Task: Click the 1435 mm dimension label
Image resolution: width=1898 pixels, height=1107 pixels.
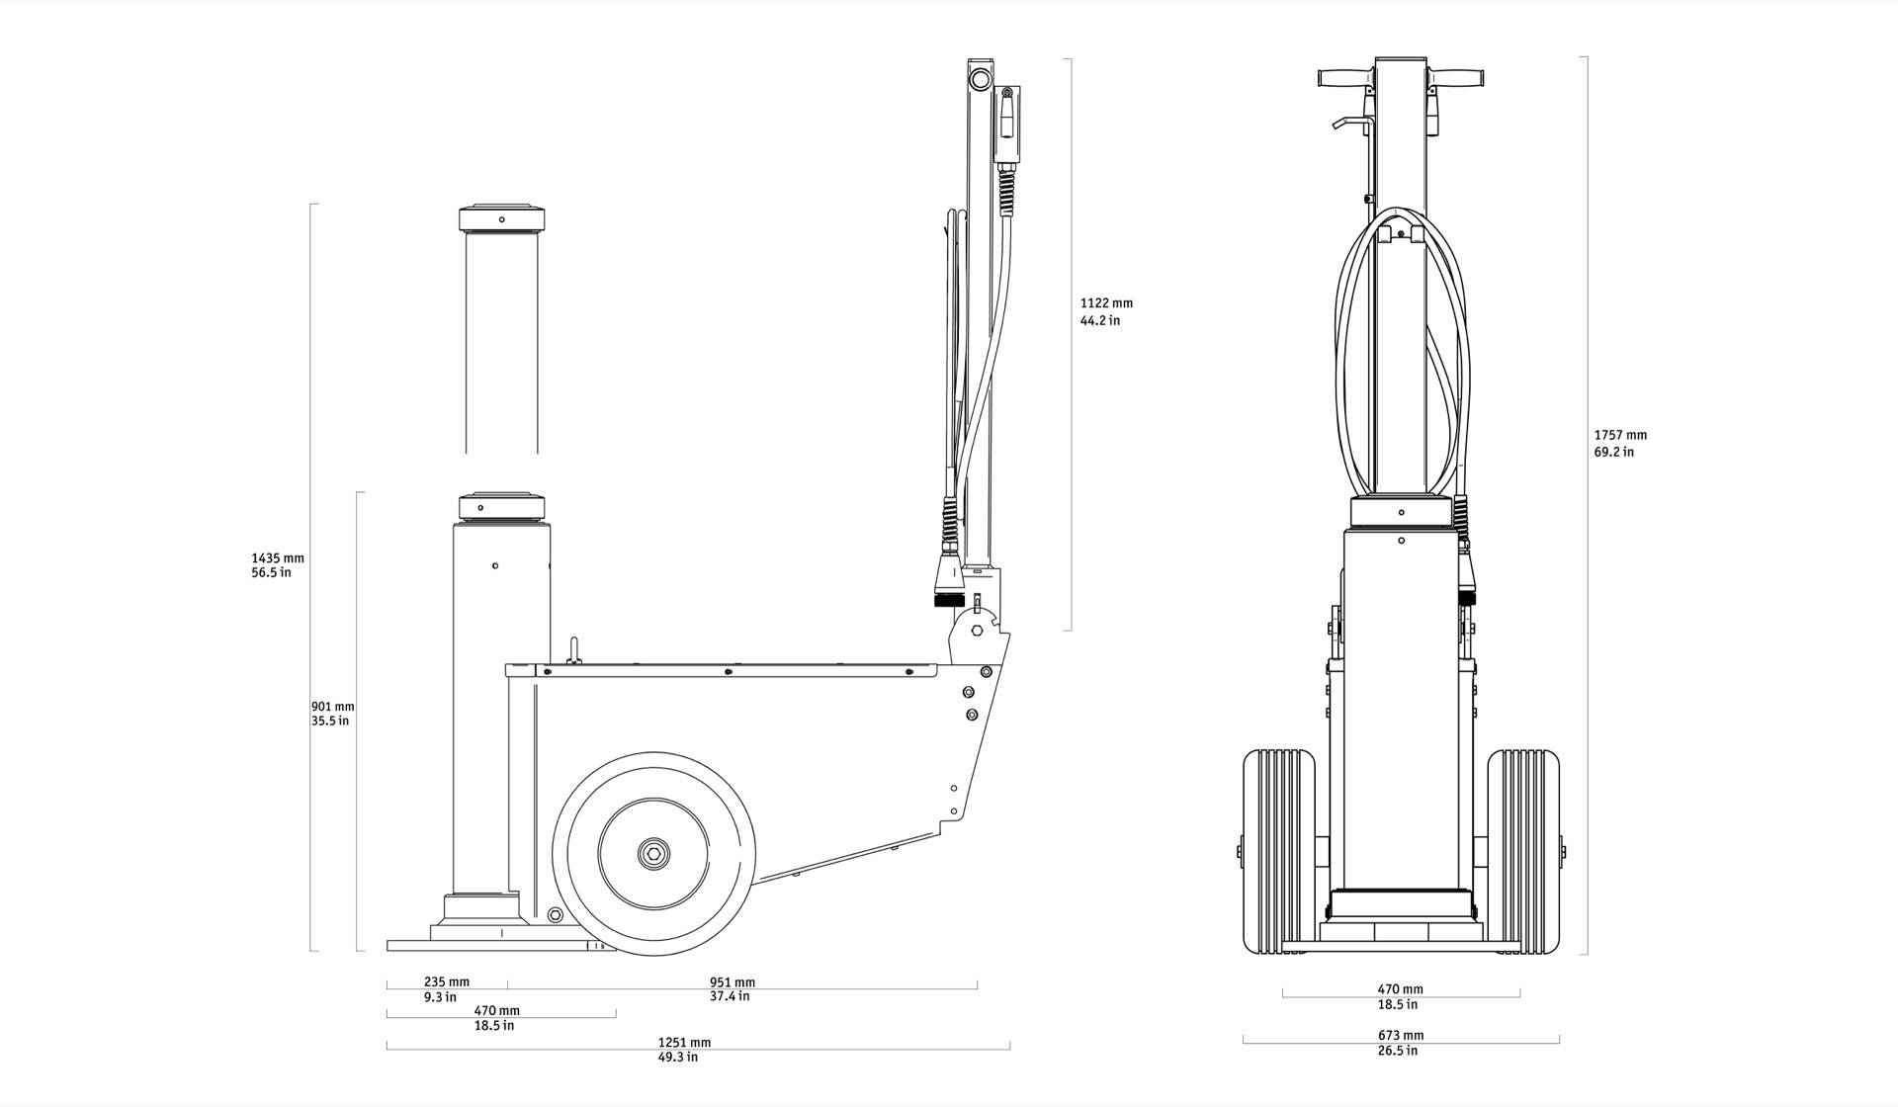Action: point(278,558)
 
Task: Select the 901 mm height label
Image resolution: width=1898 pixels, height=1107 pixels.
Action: point(332,707)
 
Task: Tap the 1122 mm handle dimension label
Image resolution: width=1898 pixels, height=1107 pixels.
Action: point(1106,303)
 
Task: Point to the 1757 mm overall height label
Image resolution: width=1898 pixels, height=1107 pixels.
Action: point(1620,435)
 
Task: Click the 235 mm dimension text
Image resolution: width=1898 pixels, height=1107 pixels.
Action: point(447,981)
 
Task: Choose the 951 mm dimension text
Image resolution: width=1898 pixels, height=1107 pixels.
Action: point(733,981)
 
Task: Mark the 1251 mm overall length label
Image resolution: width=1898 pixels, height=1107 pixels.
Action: point(684,1042)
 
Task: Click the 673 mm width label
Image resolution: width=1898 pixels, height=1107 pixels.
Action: point(1401,1035)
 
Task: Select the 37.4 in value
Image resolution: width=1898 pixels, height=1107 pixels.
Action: point(730,996)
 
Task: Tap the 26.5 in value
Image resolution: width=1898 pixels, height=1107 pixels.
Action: point(1398,1050)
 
